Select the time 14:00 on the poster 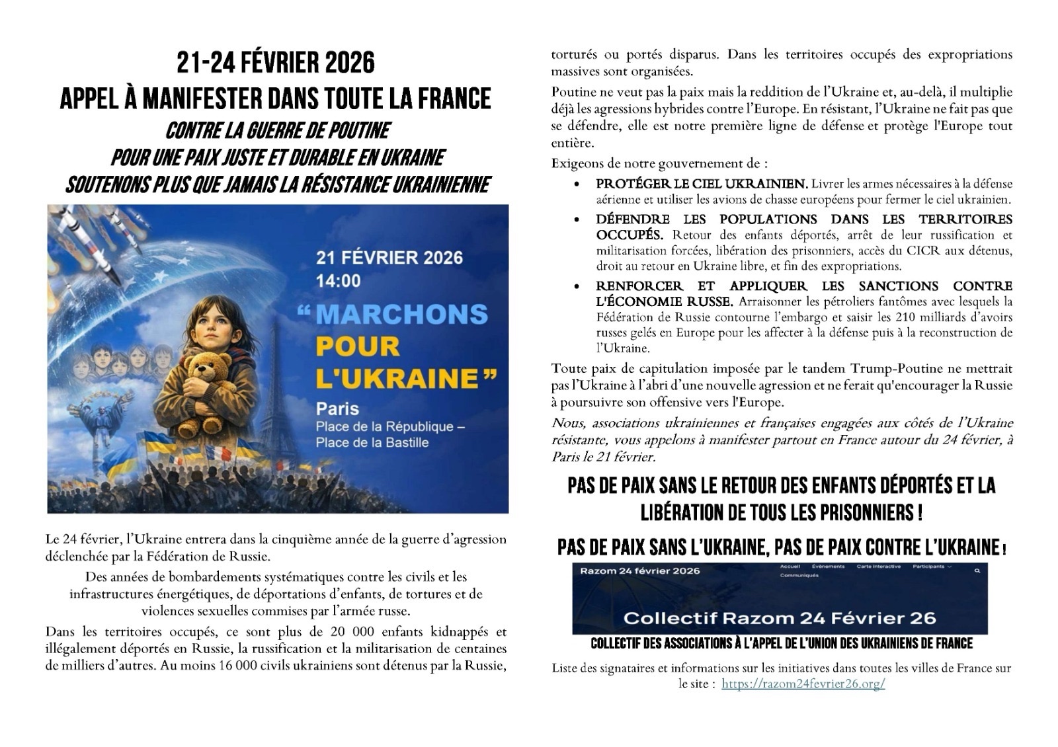pos(339,281)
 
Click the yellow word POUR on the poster pos(358,346)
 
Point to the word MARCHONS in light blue pos(402,315)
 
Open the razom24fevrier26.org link pos(803,684)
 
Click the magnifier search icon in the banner pos(977,570)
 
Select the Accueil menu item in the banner pos(790,567)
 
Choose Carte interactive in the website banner pos(878,567)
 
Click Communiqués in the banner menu pos(799,575)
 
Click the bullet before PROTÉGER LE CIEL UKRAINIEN pos(579,184)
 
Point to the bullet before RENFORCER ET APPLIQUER pos(579,287)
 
